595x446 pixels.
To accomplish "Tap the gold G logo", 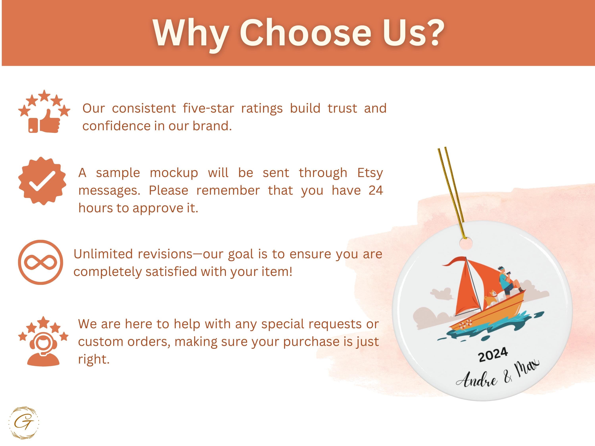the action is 24,423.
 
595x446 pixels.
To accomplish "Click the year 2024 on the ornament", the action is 493,355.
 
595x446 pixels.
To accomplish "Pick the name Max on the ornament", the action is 527,368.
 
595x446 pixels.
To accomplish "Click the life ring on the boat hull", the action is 465,324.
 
